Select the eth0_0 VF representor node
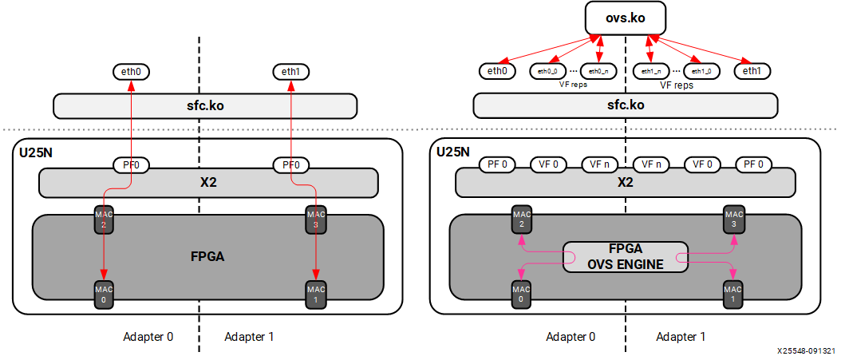point(547,71)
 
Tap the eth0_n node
point(598,71)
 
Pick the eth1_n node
point(651,71)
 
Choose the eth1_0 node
point(702,71)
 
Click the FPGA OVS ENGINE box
point(625,256)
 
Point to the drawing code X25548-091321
point(806,350)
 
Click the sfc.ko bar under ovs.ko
point(625,105)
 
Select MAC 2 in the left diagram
point(102,220)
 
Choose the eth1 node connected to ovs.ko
point(752,71)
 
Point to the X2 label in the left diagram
point(207,182)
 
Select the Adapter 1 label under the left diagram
point(249,337)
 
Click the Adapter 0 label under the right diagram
point(571,337)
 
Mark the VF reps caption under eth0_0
point(572,84)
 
